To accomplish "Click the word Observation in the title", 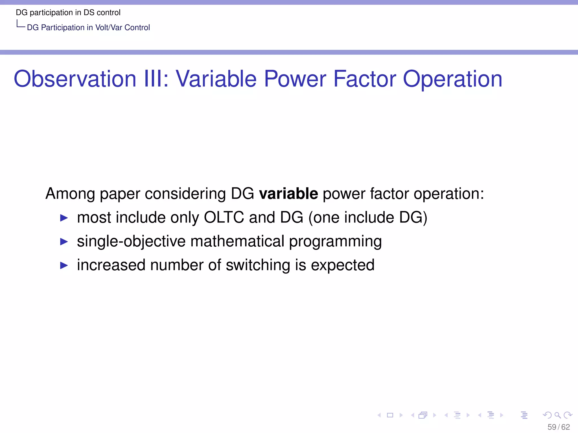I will (x=75, y=79).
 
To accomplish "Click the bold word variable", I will (x=288, y=194).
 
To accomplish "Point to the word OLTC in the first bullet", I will (x=224, y=217).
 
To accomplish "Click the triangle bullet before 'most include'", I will (x=64, y=218).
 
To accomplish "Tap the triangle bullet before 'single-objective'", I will (x=64, y=242).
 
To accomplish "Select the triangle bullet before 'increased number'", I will (x=64, y=266).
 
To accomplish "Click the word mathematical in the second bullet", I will (x=237, y=241).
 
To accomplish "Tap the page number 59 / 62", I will (x=559, y=427).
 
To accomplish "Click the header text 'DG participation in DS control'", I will (x=68, y=12).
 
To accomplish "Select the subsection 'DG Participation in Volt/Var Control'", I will (x=88, y=27).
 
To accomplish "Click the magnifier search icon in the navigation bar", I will (x=557, y=415).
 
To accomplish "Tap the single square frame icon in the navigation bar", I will (x=390, y=415).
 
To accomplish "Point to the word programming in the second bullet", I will (x=335, y=242).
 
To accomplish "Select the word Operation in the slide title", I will (x=452, y=79).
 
